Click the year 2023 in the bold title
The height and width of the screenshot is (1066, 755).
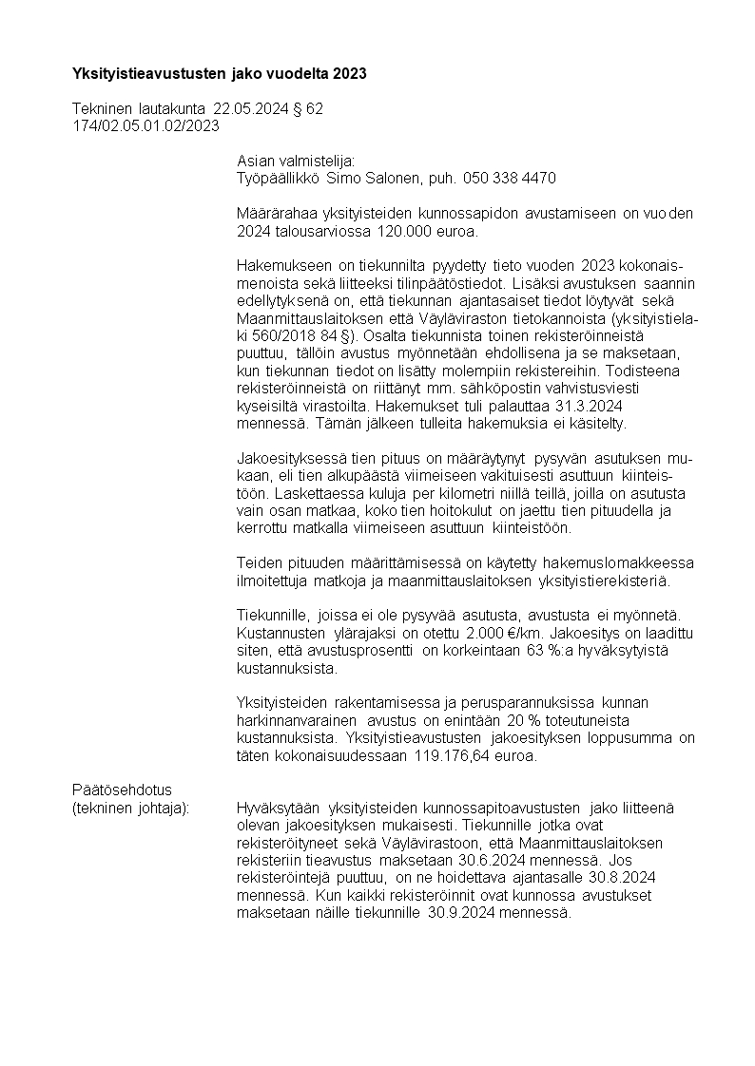pyautogui.click(x=348, y=73)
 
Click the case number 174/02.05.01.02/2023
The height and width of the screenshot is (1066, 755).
pyautogui.click(x=145, y=125)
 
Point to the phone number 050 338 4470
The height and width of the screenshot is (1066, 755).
pyautogui.click(x=509, y=178)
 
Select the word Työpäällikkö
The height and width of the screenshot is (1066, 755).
pyautogui.click(x=278, y=178)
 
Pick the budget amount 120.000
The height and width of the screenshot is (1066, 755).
pyautogui.click(x=404, y=231)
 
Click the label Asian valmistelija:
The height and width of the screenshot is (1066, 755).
pyautogui.click(x=295, y=161)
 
